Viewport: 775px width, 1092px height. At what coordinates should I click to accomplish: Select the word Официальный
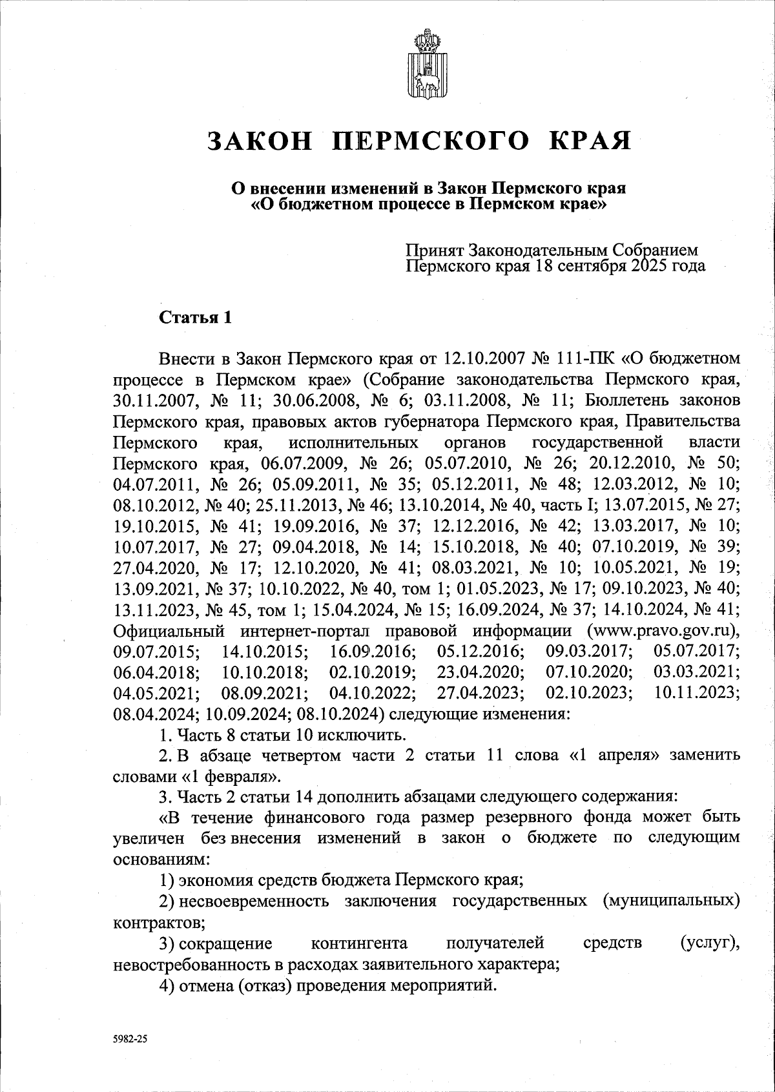(169, 630)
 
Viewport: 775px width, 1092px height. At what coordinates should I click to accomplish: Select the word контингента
(359, 943)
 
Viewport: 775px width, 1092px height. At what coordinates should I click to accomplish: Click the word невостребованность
(195, 964)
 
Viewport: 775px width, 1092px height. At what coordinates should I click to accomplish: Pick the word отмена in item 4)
(204, 985)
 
